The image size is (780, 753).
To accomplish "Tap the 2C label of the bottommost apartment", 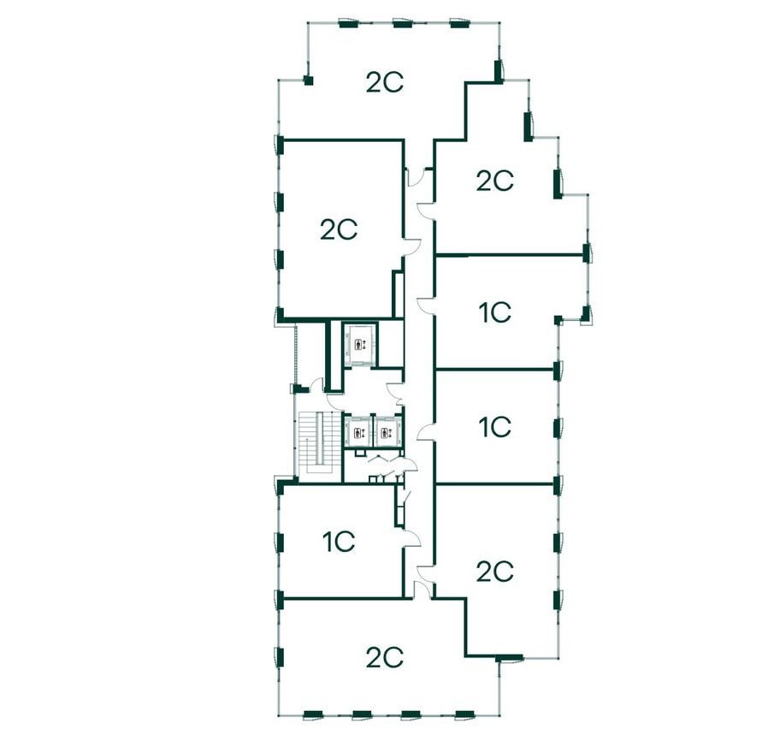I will pyautogui.click(x=384, y=657).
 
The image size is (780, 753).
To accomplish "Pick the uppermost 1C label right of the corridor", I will pyautogui.click(x=494, y=313).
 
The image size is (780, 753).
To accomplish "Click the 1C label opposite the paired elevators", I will pyautogui.click(x=494, y=425).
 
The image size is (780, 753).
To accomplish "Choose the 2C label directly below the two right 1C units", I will pyautogui.click(x=494, y=571).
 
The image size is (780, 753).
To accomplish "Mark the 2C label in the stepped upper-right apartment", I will pyautogui.click(x=494, y=181).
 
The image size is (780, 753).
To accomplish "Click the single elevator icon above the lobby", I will pyautogui.click(x=359, y=344).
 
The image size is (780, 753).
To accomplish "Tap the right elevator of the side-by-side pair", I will pyautogui.click(x=387, y=431).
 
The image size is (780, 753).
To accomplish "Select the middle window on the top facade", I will pyautogui.click(x=399, y=21).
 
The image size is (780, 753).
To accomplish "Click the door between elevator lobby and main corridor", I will pyautogui.click(x=395, y=392).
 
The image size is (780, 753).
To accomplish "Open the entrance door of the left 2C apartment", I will pyautogui.click(x=412, y=246).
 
